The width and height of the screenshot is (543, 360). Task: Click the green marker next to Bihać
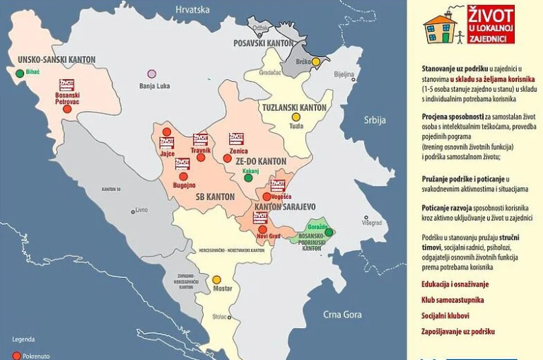pyautogui.click(x=19, y=73)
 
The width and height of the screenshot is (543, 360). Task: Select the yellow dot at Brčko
pyautogui.click(x=316, y=62)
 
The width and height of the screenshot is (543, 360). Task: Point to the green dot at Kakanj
pyautogui.click(x=248, y=178)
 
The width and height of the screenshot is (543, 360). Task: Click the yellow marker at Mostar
pyautogui.click(x=217, y=280)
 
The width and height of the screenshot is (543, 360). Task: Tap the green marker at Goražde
pyautogui.click(x=329, y=232)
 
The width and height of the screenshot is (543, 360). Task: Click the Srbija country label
pyautogui.click(x=375, y=120)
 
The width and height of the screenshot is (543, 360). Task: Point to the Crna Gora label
pyautogui.click(x=342, y=315)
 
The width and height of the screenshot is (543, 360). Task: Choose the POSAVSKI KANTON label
pyautogui.click(x=263, y=43)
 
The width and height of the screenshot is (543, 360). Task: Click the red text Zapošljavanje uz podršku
pyautogui.click(x=457, y=331)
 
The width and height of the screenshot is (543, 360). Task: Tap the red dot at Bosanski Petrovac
pyautogui.click(x=67, y=109)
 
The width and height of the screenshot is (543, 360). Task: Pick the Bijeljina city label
pyautogui.click(x=344, y=74)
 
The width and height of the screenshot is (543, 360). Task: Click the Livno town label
pyautogui.click(x=141, y=210)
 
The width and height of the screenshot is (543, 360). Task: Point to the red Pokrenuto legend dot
pyautogui.click(x=16, y=355)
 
